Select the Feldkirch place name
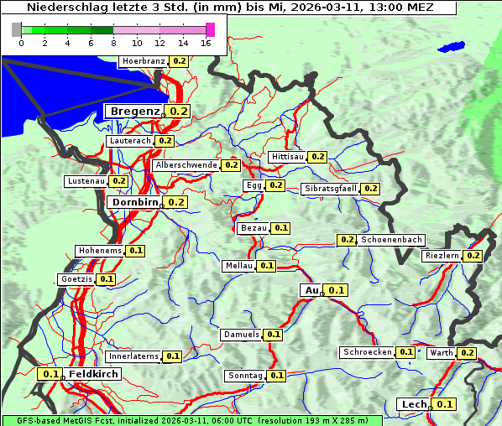93,374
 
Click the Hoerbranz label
144,61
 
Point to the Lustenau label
86,181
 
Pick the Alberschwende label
186,165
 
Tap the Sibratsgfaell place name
331,189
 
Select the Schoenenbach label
391,240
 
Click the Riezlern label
442,256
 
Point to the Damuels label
242,335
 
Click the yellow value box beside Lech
445,404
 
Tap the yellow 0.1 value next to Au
336,290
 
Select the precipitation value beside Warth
468,353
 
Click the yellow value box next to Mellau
266,266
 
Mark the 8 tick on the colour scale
113,42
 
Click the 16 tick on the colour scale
207,42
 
